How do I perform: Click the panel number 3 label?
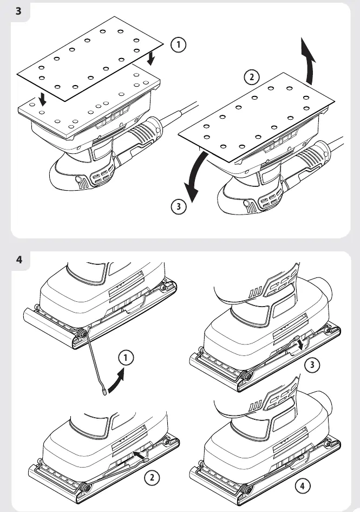click(18, 11)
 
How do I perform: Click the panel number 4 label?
click(19, 260)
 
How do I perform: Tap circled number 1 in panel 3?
click(179, 44)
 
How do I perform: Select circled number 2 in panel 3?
click(252, 77)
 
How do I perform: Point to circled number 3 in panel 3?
click(179, 206)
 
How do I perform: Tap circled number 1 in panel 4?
click(126, 358)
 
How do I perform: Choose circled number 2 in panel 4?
click(152, 478)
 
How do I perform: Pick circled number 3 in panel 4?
click(312, 365)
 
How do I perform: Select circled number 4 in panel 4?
click(302, 486)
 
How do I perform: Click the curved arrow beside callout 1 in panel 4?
click(117, 381)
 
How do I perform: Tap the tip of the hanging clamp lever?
click(104, 392)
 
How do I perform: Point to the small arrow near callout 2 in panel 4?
click(139, 455)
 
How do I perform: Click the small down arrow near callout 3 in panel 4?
click(300, 343)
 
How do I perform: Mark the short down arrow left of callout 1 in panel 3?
click(151, 59)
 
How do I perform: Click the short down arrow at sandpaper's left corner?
click(42, 99)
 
